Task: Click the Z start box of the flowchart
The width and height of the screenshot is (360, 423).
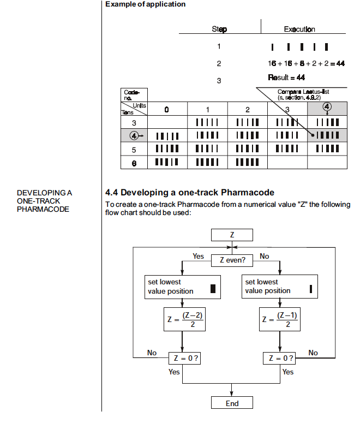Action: (x=232, y=235)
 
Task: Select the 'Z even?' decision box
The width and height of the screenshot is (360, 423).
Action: (x=232, y=260)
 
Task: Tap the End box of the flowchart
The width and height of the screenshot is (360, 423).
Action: (x=232, y=402)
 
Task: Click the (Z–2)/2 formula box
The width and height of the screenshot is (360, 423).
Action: (x=184, y=319)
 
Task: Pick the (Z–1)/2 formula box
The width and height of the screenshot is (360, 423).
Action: (x=280, y=319)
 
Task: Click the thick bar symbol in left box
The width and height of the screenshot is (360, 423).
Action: (x=213, y=288)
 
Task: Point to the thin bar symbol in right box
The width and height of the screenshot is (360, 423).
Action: (x=311, y=289)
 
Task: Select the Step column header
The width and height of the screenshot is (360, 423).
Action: (x=219, y=29)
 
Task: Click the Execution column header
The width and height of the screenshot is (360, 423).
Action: (x=299, y=29)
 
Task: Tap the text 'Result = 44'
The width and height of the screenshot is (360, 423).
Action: (x=286, y=78)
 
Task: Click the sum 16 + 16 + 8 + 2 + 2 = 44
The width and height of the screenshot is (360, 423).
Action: (x=306, y=63)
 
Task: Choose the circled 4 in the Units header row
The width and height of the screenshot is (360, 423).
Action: (x=327, y=106)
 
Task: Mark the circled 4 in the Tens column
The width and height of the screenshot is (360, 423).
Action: (x=134, y=135)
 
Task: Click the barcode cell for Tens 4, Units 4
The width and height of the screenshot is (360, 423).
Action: (x=327, y=135)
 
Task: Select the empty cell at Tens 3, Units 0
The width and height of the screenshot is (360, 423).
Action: (x=167, y=122)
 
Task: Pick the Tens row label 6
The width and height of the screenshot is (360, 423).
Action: (x=134, y=163)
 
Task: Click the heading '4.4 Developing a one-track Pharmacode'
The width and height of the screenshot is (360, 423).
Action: (x=190, y=192)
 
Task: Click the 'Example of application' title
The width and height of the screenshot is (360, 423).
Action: (x=145, y=4)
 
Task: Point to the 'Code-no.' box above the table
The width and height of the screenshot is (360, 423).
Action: (x=134, y=95)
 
